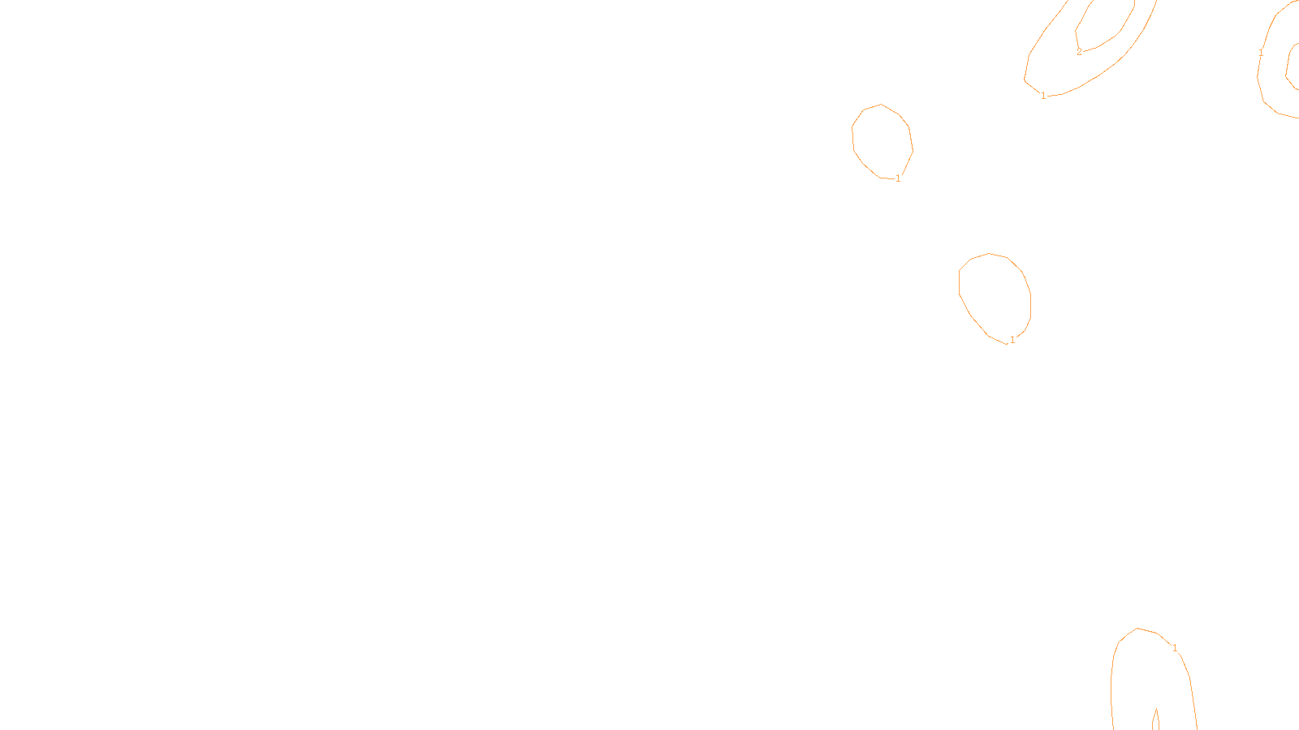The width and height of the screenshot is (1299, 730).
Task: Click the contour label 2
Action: point(1079,52)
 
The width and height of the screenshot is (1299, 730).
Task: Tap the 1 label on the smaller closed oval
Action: point(898,178)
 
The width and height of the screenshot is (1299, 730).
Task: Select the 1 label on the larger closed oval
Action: point(1012,340)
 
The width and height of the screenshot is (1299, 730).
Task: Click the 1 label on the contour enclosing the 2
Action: point(1043,96)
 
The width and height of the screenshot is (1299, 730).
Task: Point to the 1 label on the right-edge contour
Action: point(1261,53)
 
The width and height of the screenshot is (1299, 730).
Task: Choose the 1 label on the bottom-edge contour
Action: point(1175,648)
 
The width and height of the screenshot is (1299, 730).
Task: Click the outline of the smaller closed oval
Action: point(852,138)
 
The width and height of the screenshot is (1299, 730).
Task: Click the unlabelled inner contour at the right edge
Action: point(1288,65)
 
